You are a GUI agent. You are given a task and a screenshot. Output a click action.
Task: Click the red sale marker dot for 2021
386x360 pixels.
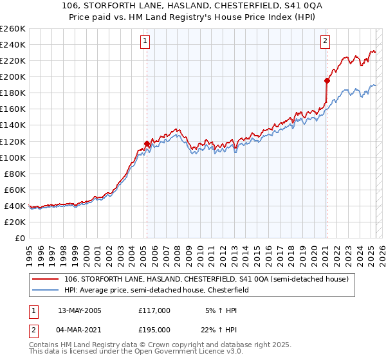(x=327, y=80)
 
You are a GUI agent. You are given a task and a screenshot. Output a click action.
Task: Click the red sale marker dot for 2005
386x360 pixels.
(x=147, y=143)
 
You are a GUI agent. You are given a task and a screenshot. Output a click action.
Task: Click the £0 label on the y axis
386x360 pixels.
(x=20, y=238)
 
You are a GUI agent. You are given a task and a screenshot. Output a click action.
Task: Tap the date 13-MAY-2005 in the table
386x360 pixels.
(x=80, y=310)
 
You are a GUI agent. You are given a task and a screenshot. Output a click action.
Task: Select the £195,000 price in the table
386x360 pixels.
(x=154, y=330)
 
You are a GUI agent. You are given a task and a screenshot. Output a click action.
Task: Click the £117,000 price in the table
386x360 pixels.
(x=154, y=310)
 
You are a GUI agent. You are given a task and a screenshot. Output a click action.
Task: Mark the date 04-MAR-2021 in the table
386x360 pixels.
(x=80, y=330)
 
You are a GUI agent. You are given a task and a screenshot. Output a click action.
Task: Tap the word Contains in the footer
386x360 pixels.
(x=46, y=345)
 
